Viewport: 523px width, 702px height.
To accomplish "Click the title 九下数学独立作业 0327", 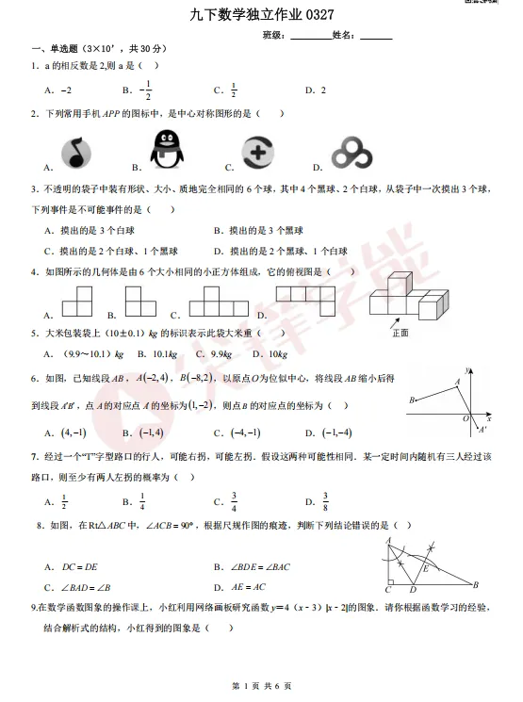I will [261, 14].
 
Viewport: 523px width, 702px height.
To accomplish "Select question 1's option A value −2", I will [65, 90].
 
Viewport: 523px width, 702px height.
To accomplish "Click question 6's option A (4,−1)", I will [74, 433].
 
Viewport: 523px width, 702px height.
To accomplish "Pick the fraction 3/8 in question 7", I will [325, 501].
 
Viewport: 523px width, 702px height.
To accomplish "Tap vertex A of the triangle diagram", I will [386, 540].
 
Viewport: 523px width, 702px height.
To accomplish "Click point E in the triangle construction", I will [426, 568].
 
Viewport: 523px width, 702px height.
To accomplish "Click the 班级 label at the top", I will [274, 35].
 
